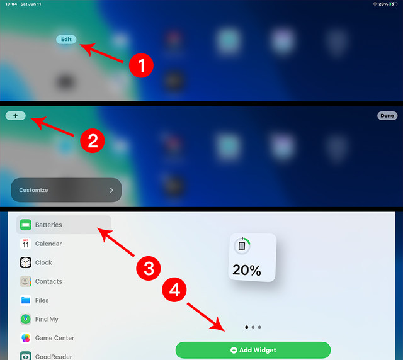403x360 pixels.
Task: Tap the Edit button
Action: point(66,39)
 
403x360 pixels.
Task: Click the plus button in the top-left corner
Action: point(15,116)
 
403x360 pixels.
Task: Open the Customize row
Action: point(66,190)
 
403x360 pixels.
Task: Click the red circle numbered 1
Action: point(141,65)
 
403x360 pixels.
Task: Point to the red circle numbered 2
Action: point(93,140)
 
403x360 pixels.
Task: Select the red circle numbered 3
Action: point(149,268)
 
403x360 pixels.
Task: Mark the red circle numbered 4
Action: point(174,290)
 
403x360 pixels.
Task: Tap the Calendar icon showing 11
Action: point(25,244)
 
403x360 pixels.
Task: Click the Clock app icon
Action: point(25,262)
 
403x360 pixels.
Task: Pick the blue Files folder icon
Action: point(25,300)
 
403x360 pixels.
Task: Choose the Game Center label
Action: point(55,338)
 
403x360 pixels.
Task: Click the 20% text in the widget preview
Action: point(246,270)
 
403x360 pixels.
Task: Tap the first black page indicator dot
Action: point(247,327)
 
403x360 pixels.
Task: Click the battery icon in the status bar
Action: point(394,4)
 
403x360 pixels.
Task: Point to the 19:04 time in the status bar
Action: point(11,4)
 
